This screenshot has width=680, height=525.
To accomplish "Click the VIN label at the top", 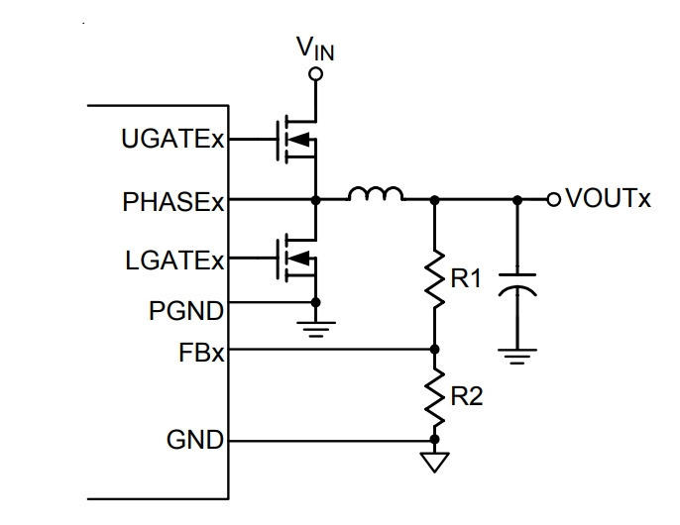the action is pos(315,49).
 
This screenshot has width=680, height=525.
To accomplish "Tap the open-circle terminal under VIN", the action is pos(315,74).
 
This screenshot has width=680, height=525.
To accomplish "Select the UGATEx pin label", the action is pos(172,139).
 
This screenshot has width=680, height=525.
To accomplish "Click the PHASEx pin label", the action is pos(173,201).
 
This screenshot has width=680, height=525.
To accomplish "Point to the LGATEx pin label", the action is pos(174,261).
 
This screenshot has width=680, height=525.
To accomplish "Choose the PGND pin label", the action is pos(186,311).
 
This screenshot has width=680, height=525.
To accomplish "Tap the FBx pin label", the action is pos(201,352).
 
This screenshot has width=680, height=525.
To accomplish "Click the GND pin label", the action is pos(195,440).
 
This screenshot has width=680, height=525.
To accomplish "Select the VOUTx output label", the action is pos(609,198).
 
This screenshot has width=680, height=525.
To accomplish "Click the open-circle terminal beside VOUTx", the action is pos(553,200).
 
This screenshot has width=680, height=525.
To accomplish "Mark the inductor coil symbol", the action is pos(376,194).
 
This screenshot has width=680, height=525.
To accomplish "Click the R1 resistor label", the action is pos(466,278).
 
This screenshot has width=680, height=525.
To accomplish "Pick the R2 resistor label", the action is pos(467,396).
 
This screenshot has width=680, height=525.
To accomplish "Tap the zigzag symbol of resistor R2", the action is pos(434,396).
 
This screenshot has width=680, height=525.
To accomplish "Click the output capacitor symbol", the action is pos(517,284).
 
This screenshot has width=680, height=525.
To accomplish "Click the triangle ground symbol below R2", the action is pos(434,462).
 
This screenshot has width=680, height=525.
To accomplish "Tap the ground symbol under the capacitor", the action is pos(517,356).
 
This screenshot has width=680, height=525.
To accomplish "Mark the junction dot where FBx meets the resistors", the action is pos(434,349).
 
